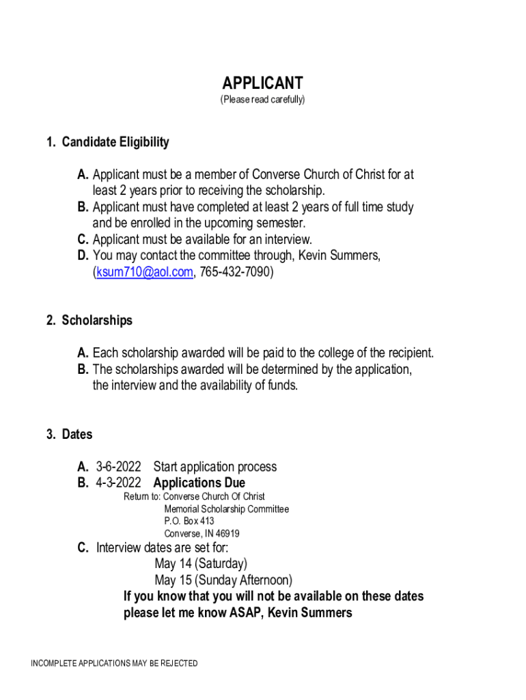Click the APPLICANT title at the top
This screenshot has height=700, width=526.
point(262,83)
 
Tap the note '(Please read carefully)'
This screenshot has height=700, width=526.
point(262,100)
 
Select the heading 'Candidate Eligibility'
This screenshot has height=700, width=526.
point(115,142)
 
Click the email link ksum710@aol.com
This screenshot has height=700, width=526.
point(144,272)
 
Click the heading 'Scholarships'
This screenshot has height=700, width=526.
point(97,321)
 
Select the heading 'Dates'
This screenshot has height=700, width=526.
point(77,434)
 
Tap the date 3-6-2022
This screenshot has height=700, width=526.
point(119,467)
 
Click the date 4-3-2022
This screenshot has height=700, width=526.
point(119,483)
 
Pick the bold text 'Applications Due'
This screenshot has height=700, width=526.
point(199,483)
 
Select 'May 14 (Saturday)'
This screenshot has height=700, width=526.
point(201,564)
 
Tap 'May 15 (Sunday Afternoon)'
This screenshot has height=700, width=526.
point(223,580)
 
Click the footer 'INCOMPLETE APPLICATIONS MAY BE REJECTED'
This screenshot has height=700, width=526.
point(114,664)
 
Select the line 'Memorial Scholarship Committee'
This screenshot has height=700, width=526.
point(226,509)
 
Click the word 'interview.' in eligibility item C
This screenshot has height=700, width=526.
point(284,239)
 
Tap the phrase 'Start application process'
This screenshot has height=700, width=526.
point(215,467)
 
